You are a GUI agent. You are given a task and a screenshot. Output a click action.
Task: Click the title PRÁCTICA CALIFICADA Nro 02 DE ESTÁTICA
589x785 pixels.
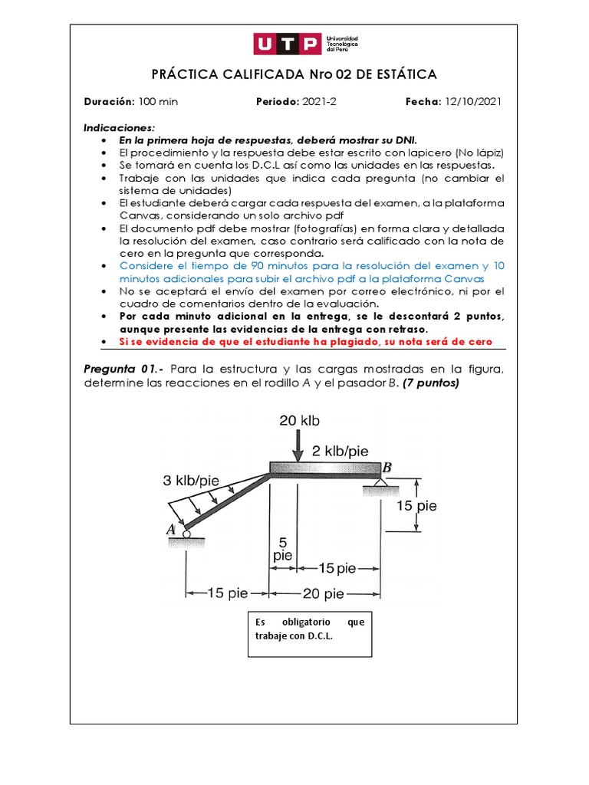point(294,74)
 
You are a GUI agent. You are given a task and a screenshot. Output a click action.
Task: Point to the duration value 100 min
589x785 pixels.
point(158,102)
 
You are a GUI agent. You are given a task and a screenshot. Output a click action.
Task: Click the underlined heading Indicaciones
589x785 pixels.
point(119,128)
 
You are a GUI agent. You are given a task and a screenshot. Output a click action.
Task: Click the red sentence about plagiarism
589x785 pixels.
point(305,341)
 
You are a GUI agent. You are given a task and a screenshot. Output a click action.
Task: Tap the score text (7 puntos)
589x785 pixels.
point(430,383)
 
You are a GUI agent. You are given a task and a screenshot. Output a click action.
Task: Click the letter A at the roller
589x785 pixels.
point(171,529)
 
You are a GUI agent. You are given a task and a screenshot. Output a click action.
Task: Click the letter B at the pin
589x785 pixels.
point(387,467)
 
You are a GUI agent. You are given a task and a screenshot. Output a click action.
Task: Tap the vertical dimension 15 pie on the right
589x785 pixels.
point(416,506)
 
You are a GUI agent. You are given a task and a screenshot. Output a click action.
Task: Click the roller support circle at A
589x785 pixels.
point(186,534)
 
